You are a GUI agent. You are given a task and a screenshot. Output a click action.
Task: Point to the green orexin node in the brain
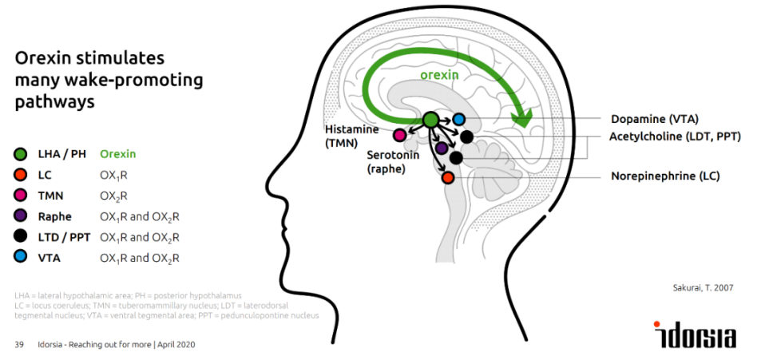click(x=430, y=119)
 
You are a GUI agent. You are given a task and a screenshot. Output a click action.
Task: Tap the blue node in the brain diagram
click(x=459, y=119)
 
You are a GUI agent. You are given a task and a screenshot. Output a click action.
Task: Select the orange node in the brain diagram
click(x=448, y=177)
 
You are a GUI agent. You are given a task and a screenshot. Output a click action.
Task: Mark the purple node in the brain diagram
click(x=442, y=147)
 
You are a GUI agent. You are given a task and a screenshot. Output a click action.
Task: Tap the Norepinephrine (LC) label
click(x=665, y=176)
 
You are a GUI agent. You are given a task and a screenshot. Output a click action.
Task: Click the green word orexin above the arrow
click(x=440, y=75)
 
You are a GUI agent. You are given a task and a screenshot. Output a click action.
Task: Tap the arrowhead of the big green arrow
click(x=523, y=121)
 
